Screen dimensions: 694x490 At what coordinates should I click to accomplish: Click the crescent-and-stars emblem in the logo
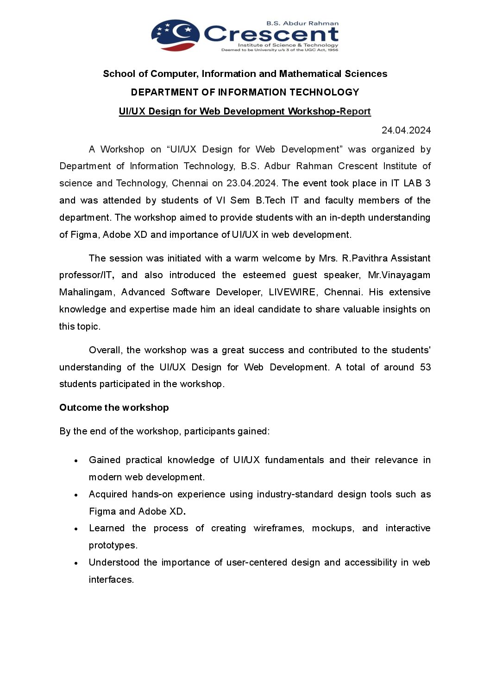pos(175,35)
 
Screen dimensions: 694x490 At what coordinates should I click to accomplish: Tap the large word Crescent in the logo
pos(271,34)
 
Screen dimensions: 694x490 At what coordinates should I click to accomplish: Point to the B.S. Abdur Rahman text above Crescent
pos(302,23)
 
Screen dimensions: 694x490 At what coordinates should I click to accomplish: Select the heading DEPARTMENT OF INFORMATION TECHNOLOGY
pos(245,92)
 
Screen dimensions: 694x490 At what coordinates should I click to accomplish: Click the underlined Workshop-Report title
pos(245,111)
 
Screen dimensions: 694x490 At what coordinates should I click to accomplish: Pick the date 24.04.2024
pos(406,130)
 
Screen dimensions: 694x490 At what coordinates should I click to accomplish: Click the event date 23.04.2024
pos(251,183)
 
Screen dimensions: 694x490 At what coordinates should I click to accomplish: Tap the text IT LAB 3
pos(411,183)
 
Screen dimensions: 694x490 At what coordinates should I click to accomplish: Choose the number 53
pos(425,367)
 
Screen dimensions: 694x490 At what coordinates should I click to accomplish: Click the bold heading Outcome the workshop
pos(114,407)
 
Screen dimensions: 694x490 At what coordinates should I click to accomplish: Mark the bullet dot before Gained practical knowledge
pos(76,461)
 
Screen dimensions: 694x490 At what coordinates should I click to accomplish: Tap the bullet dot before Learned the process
pos(76,529)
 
